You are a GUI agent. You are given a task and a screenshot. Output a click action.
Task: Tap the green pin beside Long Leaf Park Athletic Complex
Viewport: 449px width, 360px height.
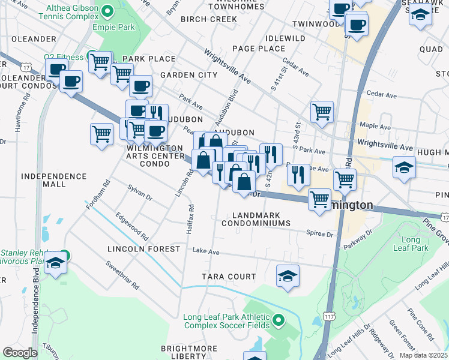point(279,321)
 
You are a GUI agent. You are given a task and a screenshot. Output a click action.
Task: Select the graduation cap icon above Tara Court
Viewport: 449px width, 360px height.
point(288,277)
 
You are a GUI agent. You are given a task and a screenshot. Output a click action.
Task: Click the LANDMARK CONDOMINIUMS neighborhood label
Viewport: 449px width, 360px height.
point(256,218)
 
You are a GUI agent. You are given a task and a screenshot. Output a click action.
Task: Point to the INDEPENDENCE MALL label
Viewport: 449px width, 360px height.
point(53,180)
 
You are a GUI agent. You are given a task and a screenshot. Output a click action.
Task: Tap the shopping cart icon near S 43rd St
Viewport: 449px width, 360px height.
point(322,111)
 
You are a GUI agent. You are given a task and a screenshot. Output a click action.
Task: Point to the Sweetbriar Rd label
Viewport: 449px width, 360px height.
point(122,275)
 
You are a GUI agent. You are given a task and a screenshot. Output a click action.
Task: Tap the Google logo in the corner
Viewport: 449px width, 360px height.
point(20,352)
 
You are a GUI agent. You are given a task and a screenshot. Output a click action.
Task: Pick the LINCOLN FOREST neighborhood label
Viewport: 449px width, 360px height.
point(143,248)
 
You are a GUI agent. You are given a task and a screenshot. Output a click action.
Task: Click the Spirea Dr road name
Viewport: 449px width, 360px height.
point(319,233)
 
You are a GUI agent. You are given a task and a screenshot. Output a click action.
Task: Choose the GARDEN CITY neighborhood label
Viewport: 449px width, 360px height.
point(188,75)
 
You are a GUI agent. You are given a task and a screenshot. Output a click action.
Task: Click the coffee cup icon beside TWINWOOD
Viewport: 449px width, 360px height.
point(356,25)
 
